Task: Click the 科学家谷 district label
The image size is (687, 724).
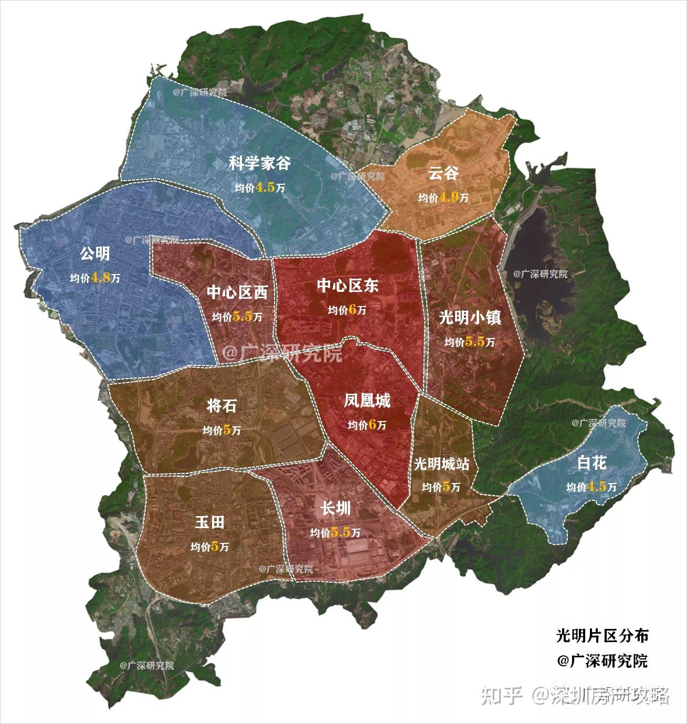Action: pyautogui.click(x=260, y=163)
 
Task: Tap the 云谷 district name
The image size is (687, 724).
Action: pyautogui.click(x=443, y=174)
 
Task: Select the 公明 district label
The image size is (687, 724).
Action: pyautogui.click(x=95, y=254)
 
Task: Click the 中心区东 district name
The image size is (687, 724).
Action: pyautogui.click(x=347, y=286)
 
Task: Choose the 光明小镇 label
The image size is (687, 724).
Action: pyautogui.click(x=470, y=318)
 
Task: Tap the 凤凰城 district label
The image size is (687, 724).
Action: pyautogui.click(x=367, y=402)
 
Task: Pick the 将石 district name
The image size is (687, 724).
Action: pyautogui.click(x=221, y=405)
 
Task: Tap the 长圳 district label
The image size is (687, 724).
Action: pyautogui.click(x=335, y=509)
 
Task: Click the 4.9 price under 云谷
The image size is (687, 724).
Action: pyautogui.click(x=449, y=197)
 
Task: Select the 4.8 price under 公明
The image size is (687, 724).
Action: pyautogui.click(x=101, y=278)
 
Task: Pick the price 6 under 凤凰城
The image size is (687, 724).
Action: pyautogui.click(x=373, y=425)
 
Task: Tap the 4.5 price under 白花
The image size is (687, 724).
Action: pyautogui.click(x=597, y=486)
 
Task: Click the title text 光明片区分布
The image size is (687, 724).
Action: pyautogui.click(x=602, y=635)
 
